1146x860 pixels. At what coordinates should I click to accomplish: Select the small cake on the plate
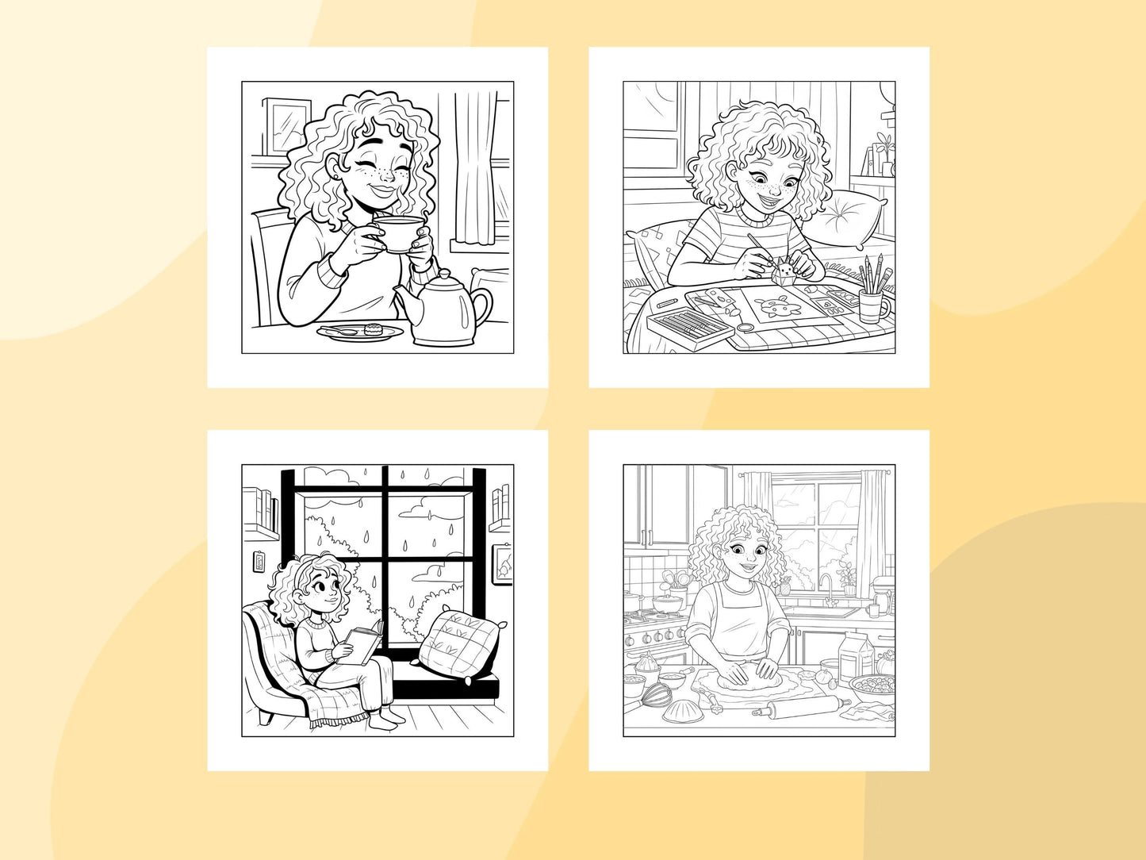(373, 328)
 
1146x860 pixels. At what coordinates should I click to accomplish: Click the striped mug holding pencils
(874, 305)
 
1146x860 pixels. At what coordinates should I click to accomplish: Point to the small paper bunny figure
(785, 271)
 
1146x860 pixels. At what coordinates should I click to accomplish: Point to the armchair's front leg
(269, 716)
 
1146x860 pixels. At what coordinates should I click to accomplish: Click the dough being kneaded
(745, 681)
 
